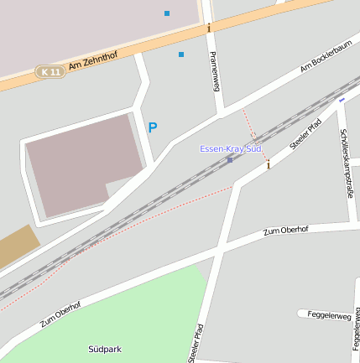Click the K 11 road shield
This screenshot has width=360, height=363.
(50, 72)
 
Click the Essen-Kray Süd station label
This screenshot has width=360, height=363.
(231, 148)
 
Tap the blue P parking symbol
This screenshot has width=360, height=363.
(152, 127)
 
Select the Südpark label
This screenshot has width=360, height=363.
(105, 348)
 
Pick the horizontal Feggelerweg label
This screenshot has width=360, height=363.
(330, 314)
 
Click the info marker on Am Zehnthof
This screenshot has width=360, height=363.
(209, 28)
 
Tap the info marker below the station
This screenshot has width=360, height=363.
(269, 165)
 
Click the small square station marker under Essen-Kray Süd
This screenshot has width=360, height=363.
(230, 159)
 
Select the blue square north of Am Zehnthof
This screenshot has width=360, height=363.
(167, 13)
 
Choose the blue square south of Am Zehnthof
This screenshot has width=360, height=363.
(180, 54)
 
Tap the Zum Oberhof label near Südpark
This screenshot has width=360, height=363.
(61, 314)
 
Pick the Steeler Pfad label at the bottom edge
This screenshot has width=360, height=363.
(196, 344)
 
